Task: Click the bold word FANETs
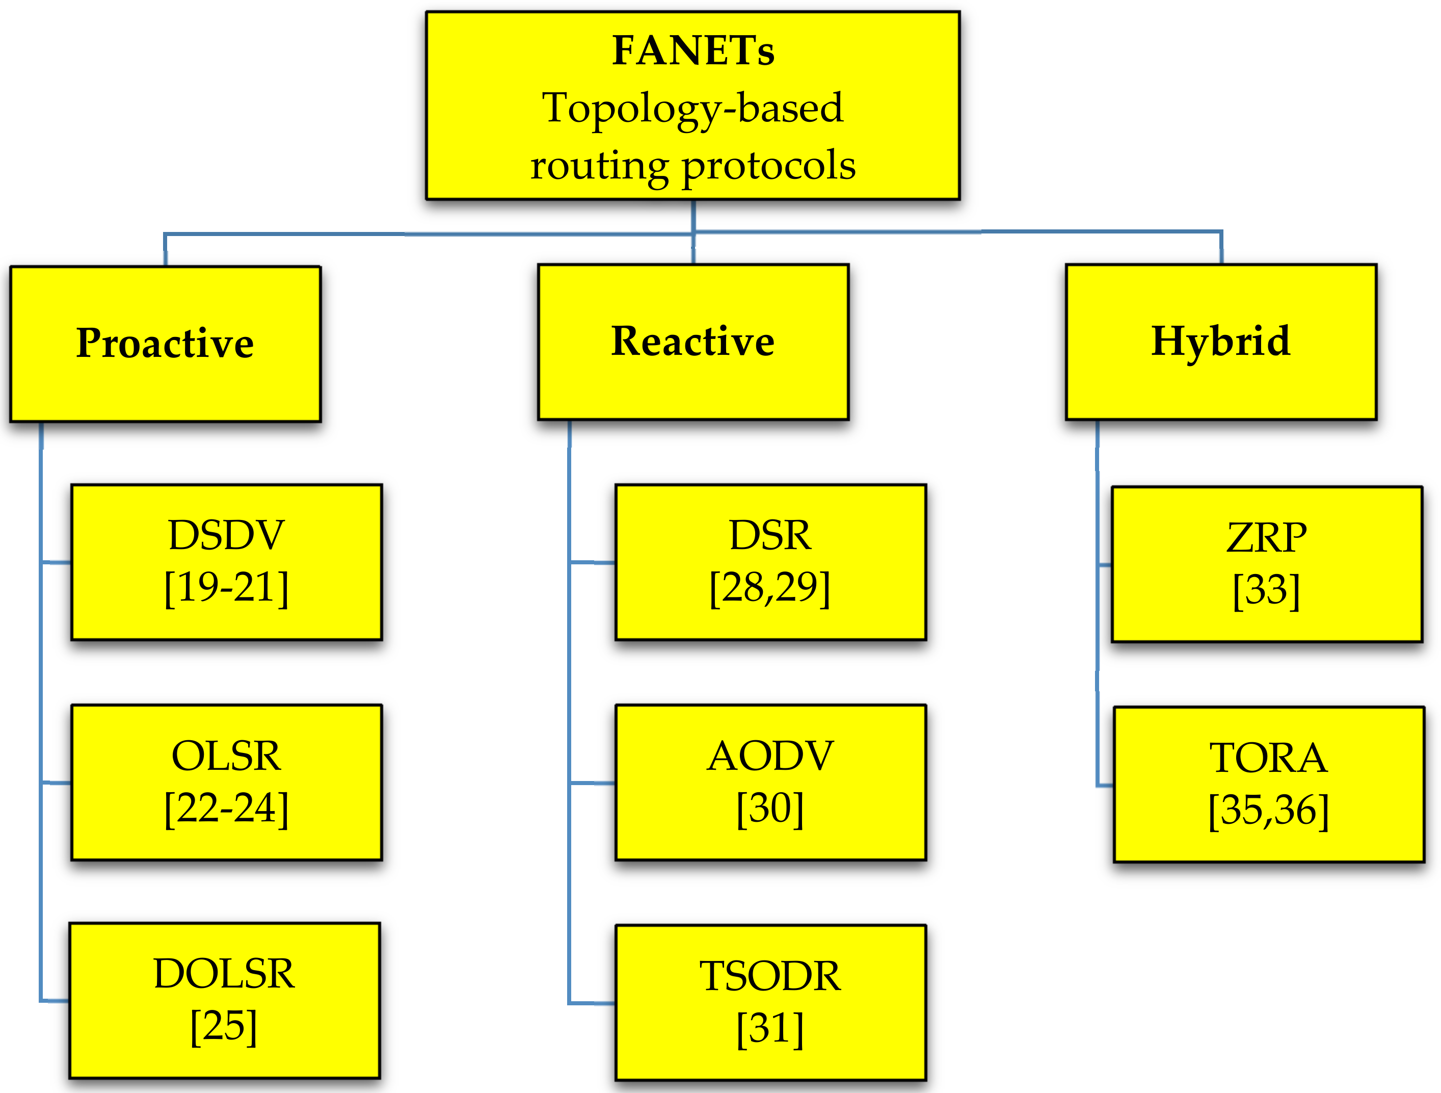point(693,51)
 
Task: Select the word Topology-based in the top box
point(692,108)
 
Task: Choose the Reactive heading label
point(692,341)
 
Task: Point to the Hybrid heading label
point(1220,341)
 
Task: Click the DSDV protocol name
point(226,535)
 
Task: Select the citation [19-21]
point(226,588)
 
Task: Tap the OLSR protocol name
point(226,756)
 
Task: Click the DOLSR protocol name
point(224,974)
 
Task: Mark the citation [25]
point(224,1027)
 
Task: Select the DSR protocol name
point(770,535)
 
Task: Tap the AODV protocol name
point(770,756)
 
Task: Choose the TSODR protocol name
point(770,976)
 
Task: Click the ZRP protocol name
point(1266,538)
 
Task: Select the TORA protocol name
point(1268,758)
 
